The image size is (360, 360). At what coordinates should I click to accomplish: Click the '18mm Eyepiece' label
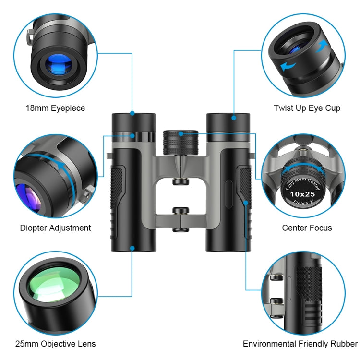click(x=55, y=108)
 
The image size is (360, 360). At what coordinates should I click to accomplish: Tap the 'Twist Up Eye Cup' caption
click(x=307, y=108)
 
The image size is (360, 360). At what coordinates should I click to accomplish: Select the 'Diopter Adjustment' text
click(x=55, y=228)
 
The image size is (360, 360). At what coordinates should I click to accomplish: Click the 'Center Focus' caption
click(x=307, y=228)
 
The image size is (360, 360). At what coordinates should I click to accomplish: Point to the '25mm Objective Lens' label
click(x=55, y=344)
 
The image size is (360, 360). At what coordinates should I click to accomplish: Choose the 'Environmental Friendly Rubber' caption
click(x=300, y=344)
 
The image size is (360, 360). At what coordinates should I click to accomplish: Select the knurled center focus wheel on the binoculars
click(x=181, y=142)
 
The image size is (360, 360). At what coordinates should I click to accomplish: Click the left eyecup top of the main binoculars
click(x=133, y=118)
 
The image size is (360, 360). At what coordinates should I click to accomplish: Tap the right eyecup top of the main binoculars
click(x=228, y=118)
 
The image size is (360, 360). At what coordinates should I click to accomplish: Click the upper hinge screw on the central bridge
click(x=180, y=181)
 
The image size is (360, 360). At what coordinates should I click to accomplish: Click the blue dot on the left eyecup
click(x=132, y=113)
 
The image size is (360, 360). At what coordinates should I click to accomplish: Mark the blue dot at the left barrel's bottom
click(x=132, y=248)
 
